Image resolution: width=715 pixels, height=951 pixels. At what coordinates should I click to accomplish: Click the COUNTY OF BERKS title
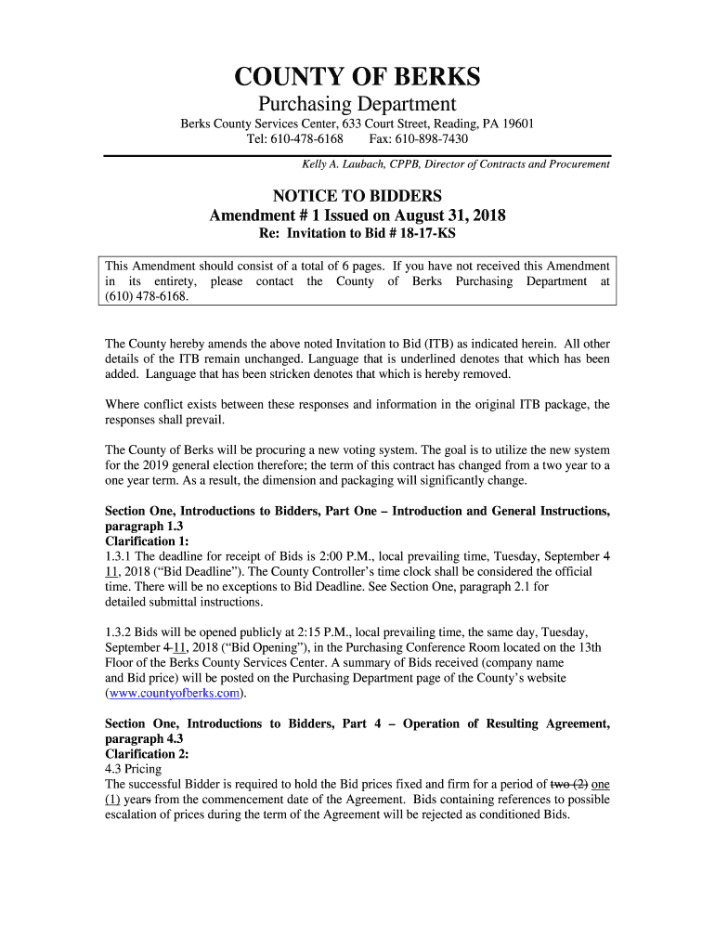pyautogui.click(x=357, y=76)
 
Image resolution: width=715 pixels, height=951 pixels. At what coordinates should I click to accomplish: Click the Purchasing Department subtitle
pyautogui.click(x=357, y=104)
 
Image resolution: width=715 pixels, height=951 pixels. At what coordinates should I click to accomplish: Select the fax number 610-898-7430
pyautogui.click(x=434, y=139)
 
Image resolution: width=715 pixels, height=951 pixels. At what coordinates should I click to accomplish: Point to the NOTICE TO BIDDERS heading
pyautogui.click(x=357, y=196)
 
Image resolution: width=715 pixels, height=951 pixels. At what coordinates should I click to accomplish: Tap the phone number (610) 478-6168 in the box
pyautogui.click(x=147, y=296)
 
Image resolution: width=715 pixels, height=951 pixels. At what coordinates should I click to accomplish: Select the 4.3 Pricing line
pyautogui.click(x=133, y=769)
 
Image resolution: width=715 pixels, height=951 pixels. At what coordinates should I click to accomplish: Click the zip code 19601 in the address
pyautogui.click(x=517, y=124)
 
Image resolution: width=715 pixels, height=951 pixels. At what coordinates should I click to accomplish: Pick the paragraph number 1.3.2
pyautogui.click(x=122, y=632)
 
